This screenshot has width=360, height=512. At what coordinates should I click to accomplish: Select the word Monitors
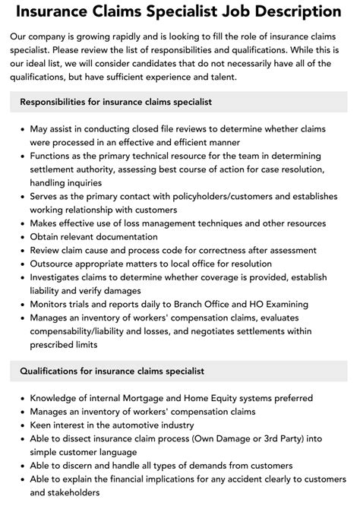click(53, 304)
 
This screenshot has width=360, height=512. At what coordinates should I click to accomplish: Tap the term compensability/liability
click(93, 331)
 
